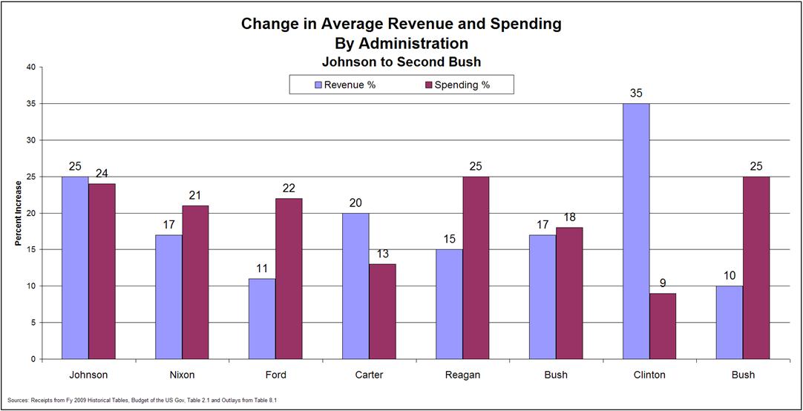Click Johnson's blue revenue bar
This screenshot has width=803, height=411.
pos(75,267)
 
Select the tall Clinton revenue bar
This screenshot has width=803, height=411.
pos(636,231)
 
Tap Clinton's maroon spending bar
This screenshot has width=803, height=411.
pos(663,326)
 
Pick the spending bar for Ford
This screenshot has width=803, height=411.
pos(289,278)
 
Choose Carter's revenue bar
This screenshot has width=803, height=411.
pos(355,286)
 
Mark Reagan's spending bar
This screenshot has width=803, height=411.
pos(476,267)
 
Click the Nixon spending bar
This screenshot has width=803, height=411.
pos(195,282)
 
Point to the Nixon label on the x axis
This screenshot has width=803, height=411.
pos(182,375)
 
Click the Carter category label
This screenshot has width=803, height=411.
pos(369,375)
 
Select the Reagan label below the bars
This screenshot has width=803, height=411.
pos(462,375)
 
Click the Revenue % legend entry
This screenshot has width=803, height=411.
pos(346,85)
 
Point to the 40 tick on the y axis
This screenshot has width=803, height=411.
pos(31,68)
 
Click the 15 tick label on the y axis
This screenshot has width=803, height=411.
pos(31,250)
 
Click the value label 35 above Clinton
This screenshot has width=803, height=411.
pos(636,94)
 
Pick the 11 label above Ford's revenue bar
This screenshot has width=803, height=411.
pos(262,269)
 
